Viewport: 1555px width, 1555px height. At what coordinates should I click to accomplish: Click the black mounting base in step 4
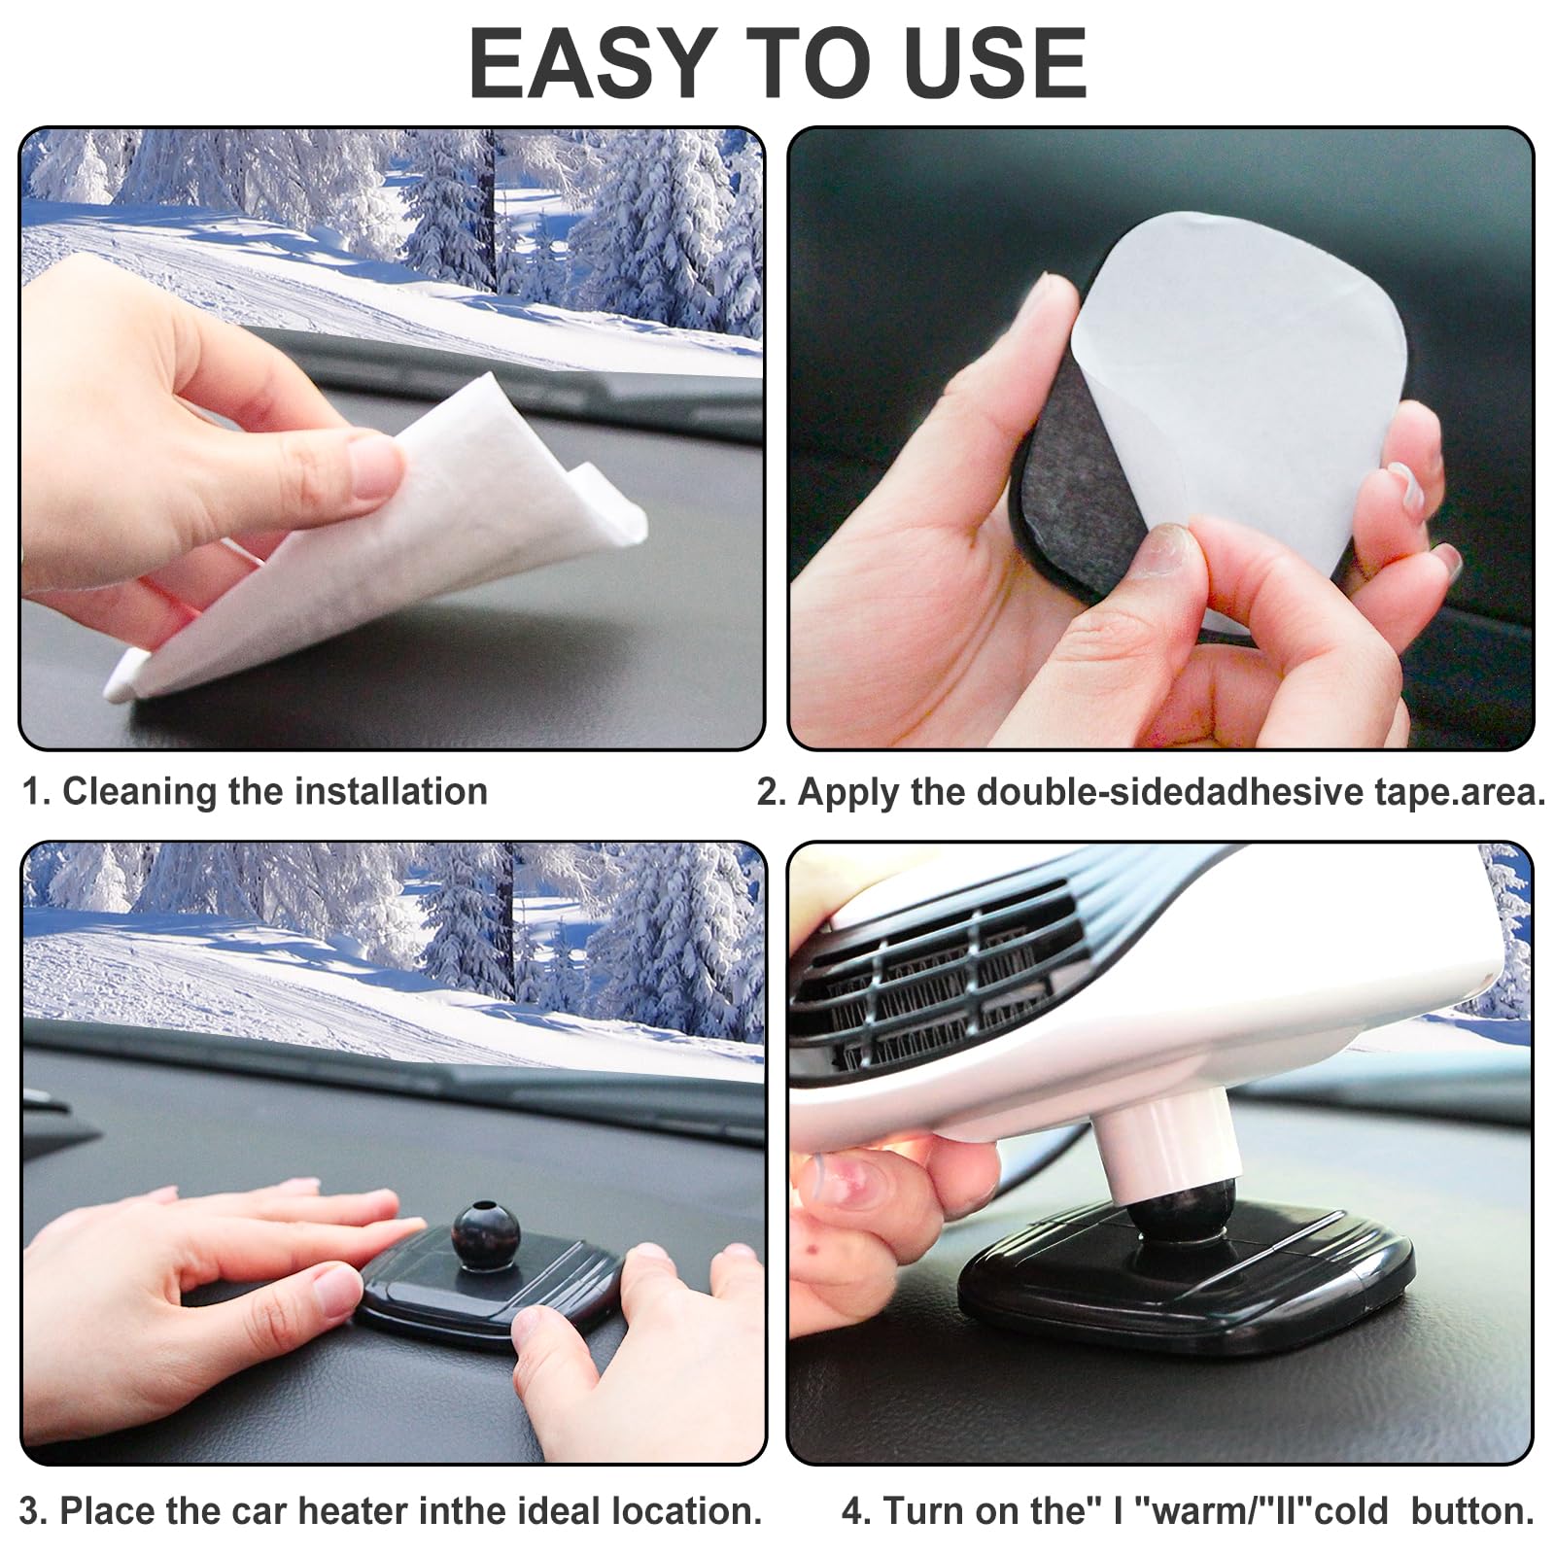pyautogui.click(x=1186, y=1283)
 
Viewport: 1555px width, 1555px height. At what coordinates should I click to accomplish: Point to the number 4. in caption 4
pyautogui.click(x=856, y=1511)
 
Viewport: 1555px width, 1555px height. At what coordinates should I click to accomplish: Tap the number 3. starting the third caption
pyautogui.click(x=33, y=1511)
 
